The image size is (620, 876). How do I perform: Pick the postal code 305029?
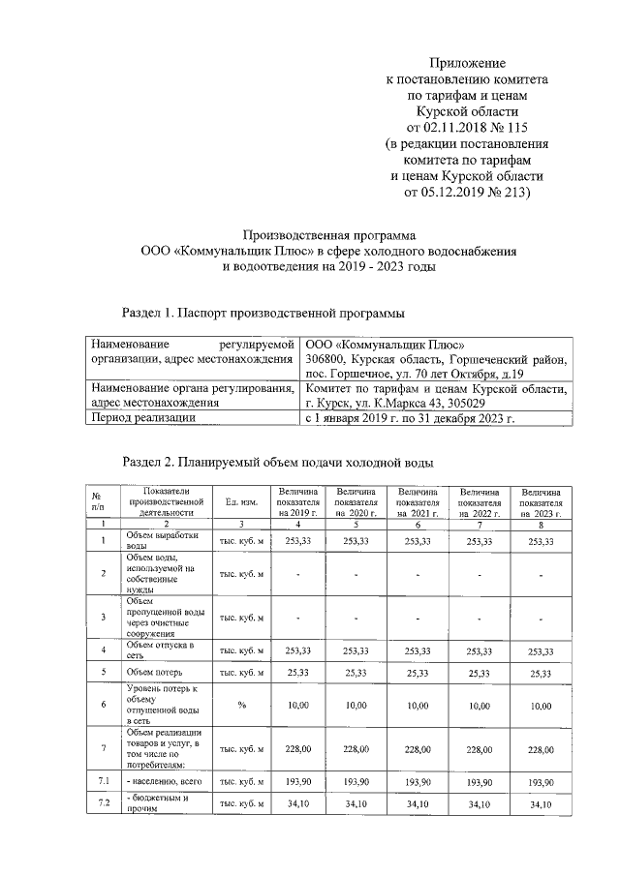tap(484, 403)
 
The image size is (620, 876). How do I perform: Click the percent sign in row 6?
tap(240, 707)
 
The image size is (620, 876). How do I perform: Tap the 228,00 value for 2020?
tap(356, 749)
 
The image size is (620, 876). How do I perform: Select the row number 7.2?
tap(102, 804)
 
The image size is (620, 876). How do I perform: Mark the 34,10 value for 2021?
tap(418, 804)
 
